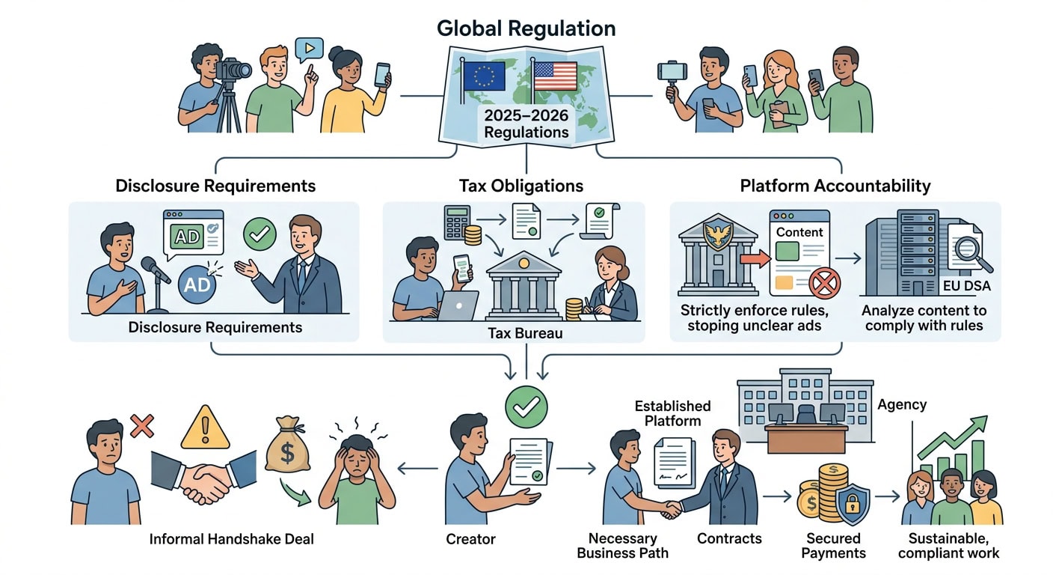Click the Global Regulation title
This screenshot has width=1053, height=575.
point(526,28)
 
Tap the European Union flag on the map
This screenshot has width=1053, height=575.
point(484,76)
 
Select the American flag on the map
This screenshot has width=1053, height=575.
point(555,76)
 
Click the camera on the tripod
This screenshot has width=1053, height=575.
point(233,70)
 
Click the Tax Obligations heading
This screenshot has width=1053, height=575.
point(521,186)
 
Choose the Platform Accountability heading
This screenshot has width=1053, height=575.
point(835,186)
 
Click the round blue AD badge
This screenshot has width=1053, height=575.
point(197,285)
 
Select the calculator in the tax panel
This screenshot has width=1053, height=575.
point(457,222)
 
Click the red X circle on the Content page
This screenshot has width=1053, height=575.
point(825,283)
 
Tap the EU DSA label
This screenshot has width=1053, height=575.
point(967,286)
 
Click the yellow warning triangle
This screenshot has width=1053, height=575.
point(206,428)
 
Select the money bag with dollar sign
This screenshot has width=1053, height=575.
point(287,444)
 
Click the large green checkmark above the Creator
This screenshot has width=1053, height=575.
point(526,407)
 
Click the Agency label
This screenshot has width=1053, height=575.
point(902,404)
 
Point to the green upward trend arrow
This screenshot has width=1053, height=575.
point(952,437)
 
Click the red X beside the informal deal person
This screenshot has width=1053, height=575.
point(142,426)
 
